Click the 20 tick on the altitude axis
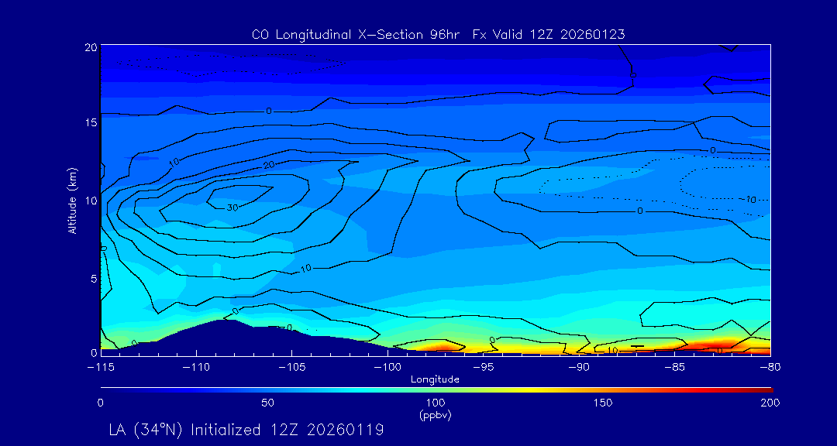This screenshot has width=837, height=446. click(90, 47)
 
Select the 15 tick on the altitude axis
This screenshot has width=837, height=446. click(90, 123)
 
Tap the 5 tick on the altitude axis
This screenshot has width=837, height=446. click(92, 276)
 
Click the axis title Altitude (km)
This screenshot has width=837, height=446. click(72, 200)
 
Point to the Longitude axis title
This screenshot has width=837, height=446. click(435, 379)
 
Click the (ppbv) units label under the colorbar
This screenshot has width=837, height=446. click(436, 415)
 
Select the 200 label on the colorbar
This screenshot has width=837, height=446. click(770, 403)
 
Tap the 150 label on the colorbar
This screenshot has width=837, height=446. click(602, 403)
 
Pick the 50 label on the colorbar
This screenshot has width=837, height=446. click(267, 403)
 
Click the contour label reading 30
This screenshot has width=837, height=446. click(232, 208)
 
